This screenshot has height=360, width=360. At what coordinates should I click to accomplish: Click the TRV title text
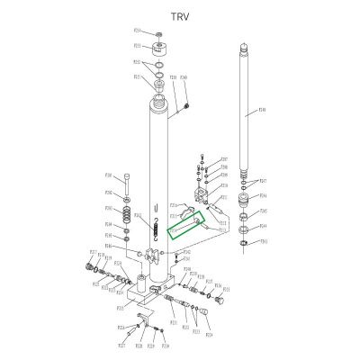click(x=180, y=16)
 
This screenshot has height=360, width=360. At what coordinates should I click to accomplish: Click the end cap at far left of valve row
click(x=91, y=267)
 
